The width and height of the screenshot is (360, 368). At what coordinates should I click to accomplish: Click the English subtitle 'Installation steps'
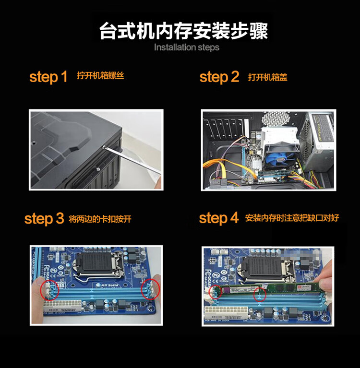coord(187,47)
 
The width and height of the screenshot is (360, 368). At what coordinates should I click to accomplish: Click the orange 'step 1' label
coord(48,77)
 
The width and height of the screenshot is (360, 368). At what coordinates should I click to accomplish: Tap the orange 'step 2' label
coord(219,77)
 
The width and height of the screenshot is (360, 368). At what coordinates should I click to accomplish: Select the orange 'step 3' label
coord(44,218)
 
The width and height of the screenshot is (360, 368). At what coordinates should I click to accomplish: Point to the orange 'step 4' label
coord(219,218)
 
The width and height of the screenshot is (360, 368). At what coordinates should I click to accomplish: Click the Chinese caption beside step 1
coord(100,76)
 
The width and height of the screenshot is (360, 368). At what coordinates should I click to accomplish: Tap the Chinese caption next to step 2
coord(268,77)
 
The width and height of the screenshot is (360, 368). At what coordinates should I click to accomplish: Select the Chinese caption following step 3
coord(100,219)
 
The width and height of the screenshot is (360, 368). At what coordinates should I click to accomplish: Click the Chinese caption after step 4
coord(292,218)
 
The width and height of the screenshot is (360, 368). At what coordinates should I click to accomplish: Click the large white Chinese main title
coord(183,31)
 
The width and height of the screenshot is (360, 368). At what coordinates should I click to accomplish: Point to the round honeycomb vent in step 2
coord(275,119)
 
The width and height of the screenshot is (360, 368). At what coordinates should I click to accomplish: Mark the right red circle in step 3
coord(150,289)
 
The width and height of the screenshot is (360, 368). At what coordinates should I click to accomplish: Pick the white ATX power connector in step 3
coord(63,306)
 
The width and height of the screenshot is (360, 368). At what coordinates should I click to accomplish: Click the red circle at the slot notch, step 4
coord(260,295)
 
